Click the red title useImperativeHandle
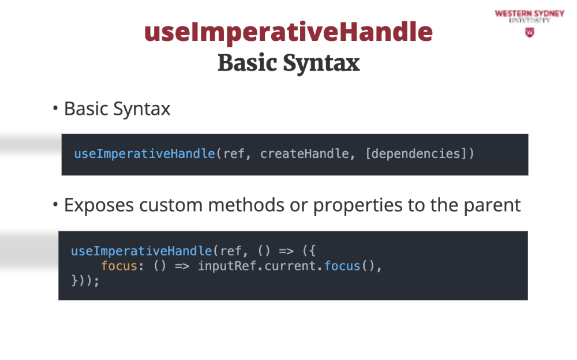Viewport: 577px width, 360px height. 288,32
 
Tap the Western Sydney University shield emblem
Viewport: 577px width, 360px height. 530,32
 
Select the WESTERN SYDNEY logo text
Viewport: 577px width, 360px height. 530,14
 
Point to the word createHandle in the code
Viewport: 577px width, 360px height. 305,153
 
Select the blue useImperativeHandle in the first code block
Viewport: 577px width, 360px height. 145,154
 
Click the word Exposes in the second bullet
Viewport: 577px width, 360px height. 99,205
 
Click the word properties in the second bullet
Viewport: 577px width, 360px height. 358,206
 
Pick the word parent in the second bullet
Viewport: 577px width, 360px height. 492,206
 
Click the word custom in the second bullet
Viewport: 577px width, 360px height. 171,205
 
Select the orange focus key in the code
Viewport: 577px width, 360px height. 119,266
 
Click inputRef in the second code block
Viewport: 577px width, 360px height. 227,266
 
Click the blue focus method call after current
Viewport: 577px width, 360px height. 342,266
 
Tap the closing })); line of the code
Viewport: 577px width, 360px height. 85,281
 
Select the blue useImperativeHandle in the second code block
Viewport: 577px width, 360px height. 142,251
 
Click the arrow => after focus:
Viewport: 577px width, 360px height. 182,266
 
